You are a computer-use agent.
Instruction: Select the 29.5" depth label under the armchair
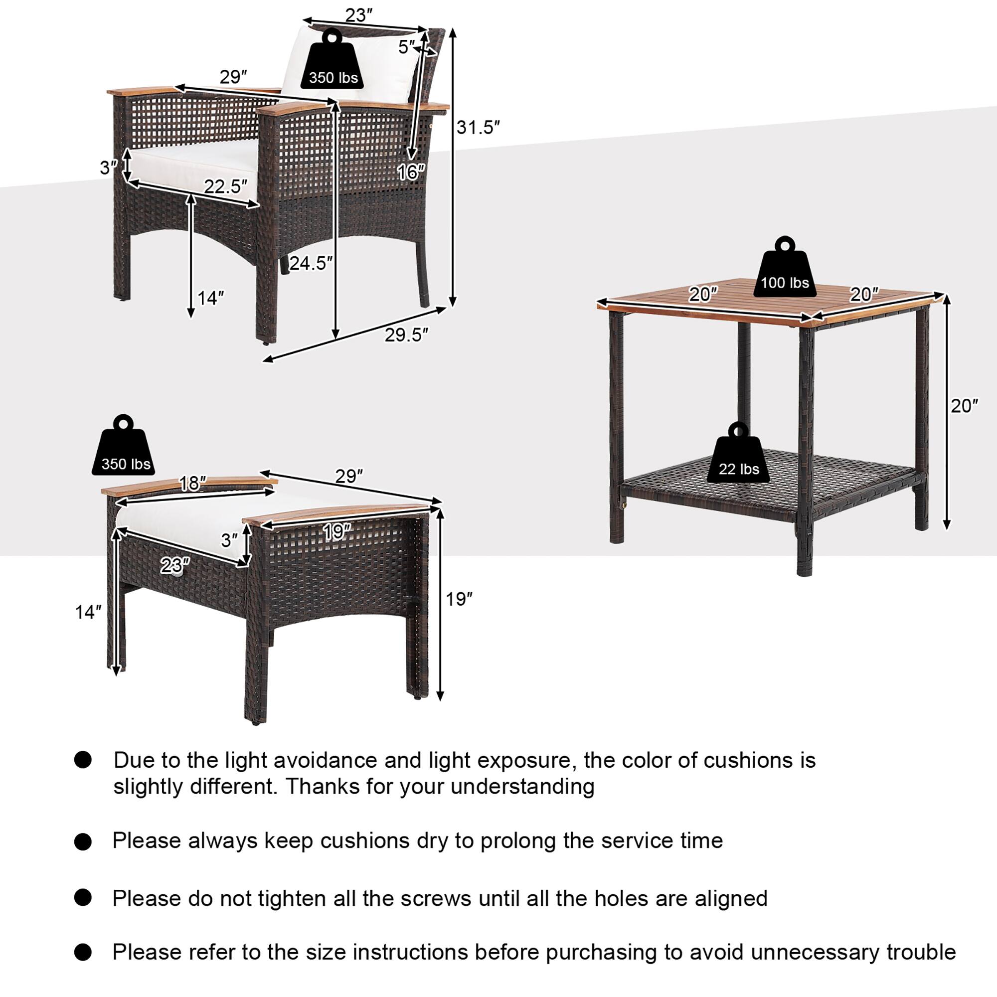[407, 335]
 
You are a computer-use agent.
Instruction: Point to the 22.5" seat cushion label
[225, 186]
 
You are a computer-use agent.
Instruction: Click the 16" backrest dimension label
[411, 172]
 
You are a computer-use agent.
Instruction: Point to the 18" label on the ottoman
[192, 484]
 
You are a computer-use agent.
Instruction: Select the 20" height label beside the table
[964, 406]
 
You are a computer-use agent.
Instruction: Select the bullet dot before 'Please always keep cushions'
[83, 841]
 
